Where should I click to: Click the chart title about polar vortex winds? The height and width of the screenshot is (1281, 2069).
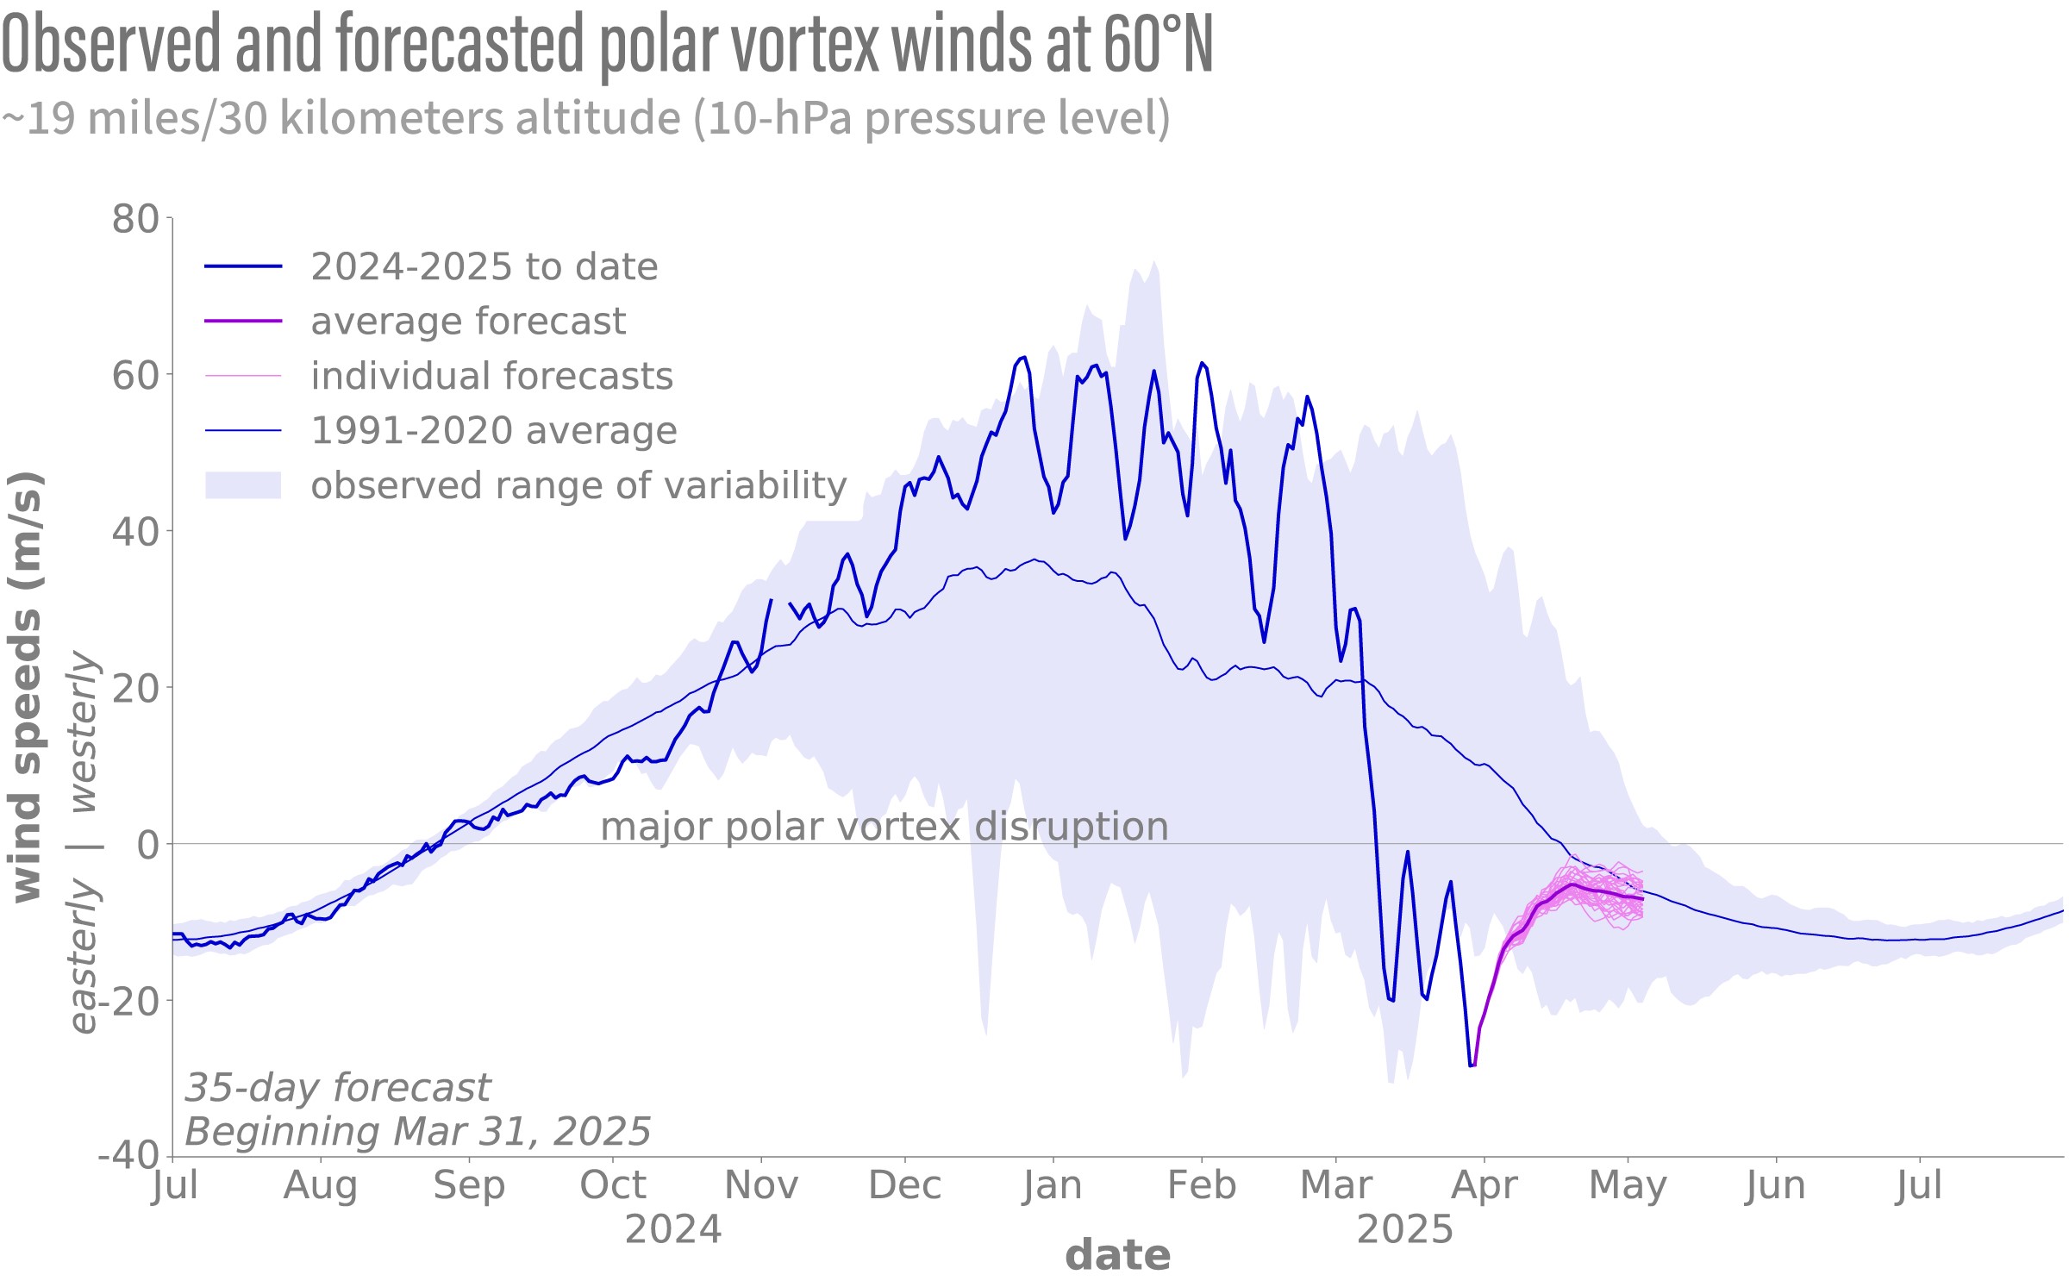pos(607,45)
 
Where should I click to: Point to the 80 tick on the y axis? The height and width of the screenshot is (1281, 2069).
pos(135,219)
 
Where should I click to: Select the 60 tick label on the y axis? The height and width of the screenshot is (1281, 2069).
pos(135,376)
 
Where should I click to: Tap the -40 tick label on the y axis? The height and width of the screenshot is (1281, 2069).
pos(129,1155)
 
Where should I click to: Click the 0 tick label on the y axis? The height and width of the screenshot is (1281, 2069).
pos(148,845)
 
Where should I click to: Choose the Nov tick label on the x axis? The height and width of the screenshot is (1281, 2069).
pos(761,1185)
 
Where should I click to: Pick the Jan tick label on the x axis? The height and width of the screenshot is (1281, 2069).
pos(1053,1185)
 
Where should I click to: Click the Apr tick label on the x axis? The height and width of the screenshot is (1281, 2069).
pos(1484,1185)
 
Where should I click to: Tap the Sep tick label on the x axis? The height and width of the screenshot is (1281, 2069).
pos(469,1185)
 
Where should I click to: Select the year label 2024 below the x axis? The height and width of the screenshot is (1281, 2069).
pos(673,1229)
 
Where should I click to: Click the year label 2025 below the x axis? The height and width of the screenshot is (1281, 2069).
pos(1405,1229)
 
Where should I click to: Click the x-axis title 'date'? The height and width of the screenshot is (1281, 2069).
pos(1118,1256)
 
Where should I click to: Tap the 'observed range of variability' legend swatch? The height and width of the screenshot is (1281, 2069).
pos(243,485)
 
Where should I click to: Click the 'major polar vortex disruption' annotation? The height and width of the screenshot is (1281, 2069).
pos(884,827)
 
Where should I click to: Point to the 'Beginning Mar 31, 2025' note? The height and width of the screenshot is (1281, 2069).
pos(418,1131)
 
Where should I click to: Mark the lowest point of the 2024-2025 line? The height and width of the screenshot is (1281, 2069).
pos(1471,1066)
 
